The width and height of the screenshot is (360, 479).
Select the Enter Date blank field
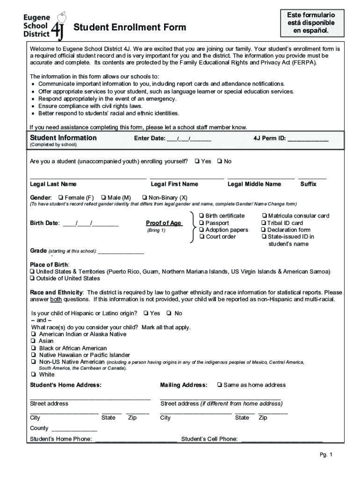[x=189, y=138]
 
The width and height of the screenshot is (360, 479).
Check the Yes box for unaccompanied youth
[x=197, y=161]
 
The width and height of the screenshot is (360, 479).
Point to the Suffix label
[x=308, y=184]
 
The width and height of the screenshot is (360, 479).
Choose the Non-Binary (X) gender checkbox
[x=144, y=197]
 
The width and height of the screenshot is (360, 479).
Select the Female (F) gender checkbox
[x=61, y=197]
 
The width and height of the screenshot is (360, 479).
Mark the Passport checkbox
[x=202, y=223]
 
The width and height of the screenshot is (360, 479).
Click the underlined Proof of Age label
[x=164, y=223]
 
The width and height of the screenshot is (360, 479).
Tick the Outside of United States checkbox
[x=32, y=278]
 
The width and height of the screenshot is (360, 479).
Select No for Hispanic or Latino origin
[x=169, y=313]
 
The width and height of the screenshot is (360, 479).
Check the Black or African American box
[x=34, y=348]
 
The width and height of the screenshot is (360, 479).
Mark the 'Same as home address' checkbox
[x=219, y=385]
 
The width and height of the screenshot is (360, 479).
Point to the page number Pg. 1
[x=325, y=455]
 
